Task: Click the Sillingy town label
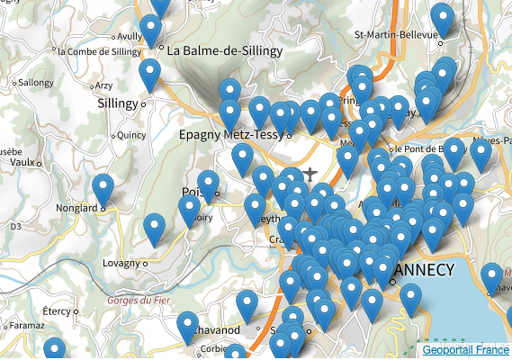[118, 103]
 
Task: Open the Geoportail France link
[465, 349]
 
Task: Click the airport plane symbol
[310, 173]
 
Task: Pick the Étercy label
[56, 310]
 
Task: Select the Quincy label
[131, 135]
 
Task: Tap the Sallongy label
[36, 82]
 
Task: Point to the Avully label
[130, 37]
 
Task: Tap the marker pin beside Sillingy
[149, 75]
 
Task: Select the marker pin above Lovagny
[156, 230]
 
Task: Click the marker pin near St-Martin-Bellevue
[441, 19]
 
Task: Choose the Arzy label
[103, 85]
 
